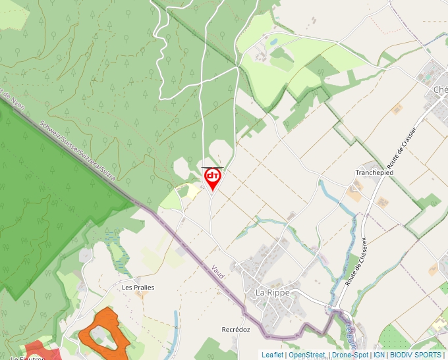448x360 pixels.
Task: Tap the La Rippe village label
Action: click(x=273, y=293)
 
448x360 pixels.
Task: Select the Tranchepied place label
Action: click(x=374, y=172)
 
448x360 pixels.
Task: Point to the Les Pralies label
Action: click(x=138, y=288)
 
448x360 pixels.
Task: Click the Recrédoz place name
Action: click(x=236, y=330)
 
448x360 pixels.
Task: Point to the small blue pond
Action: click(x=273, y=41)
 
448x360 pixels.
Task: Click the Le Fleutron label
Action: click(x=26, y=358)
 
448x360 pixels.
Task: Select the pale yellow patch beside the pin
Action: click(x=192, y=191)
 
